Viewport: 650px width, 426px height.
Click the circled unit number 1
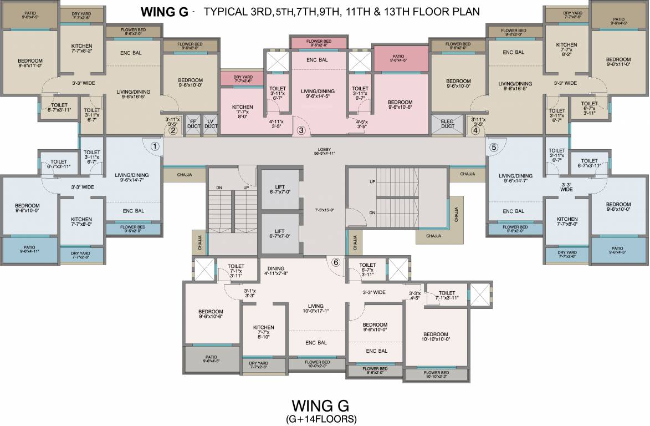[155, 146]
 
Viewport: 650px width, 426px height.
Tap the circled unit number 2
[172, 131]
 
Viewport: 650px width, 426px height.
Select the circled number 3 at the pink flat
[301, 131]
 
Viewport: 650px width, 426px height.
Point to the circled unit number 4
[475, 131]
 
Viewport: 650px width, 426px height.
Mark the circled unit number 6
[335, 262]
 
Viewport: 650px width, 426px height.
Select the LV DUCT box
[210, 125]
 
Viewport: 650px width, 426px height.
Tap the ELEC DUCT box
[447, 125]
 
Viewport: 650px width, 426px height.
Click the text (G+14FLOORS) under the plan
[323, 418]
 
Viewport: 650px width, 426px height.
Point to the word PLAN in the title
[465, 11]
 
